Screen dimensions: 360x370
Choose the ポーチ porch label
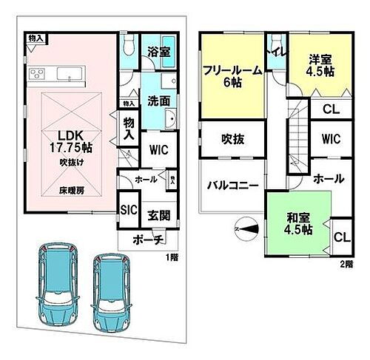[149, 240]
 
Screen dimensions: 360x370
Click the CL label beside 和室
[340, 237]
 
